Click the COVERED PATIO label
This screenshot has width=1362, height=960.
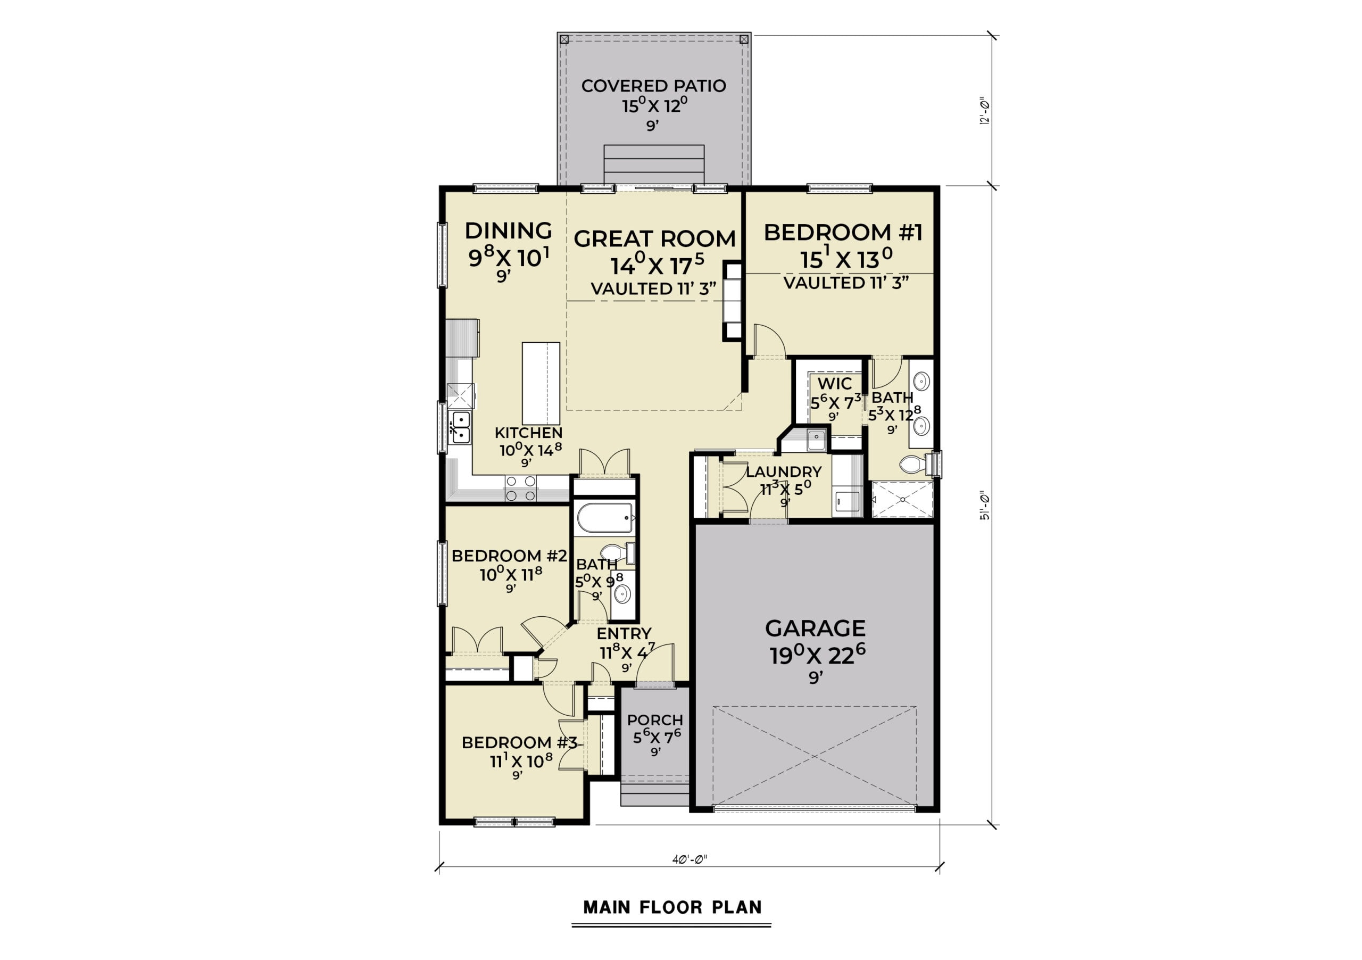(653, 86)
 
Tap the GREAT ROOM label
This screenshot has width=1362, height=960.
(654, 238)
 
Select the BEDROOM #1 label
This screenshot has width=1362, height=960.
(843, 233)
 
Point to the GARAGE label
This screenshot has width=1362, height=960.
(815, 628)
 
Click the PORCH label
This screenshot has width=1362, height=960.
(655, 719)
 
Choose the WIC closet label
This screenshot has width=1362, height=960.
(835, 383)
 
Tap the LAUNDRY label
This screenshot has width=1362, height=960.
(784, 471)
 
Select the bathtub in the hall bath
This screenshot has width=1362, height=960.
(605, 518)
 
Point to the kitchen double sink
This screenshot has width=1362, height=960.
(460, 427)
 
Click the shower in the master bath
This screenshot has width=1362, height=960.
(902, 500)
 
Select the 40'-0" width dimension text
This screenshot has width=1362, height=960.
(690, 858)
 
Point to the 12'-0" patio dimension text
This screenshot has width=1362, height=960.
(985, 111)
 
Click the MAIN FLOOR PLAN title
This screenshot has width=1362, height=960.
(672, 907)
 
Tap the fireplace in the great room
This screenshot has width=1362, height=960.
(733, 301)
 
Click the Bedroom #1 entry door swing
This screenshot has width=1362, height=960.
(770, 341)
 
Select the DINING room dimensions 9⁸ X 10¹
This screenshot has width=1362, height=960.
(509, 258)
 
